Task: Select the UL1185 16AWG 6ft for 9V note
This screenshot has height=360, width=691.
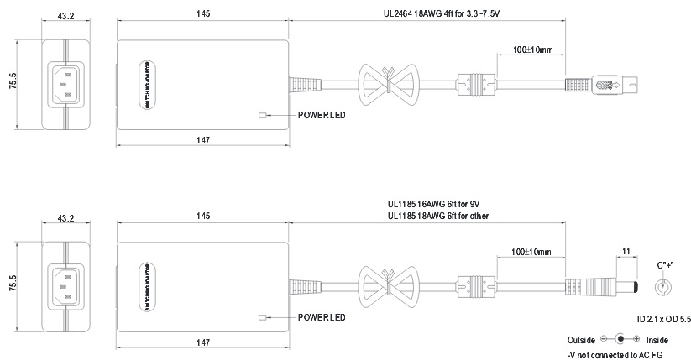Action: click(x=433, y=204)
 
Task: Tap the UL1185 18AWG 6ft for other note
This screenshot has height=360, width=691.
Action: click(x=438, y=216)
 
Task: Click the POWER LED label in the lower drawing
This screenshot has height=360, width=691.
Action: click(x=322, y=317)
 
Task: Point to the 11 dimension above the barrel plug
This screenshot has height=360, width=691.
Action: click(x=625, y=251)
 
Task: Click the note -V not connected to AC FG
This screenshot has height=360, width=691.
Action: click(x=615, y=354)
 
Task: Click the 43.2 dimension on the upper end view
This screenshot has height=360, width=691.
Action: click(x=66, y=14)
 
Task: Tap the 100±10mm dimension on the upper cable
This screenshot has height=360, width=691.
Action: click(x=533, y=50)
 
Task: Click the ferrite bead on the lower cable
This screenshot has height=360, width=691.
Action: click(x=466, y=285)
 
